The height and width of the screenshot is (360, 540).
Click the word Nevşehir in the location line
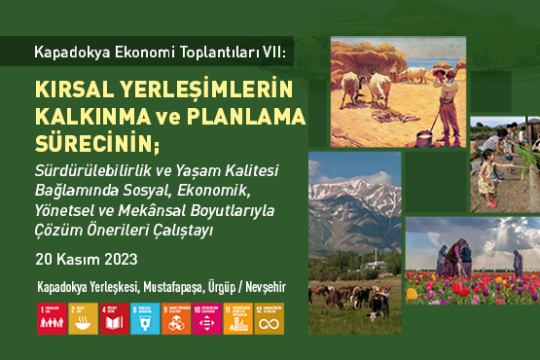click(266, 289)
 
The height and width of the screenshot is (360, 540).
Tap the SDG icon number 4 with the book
click(113, 318)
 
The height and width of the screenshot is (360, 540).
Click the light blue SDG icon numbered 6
click(144, 318)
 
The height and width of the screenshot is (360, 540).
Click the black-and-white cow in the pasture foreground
click(378, 304)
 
